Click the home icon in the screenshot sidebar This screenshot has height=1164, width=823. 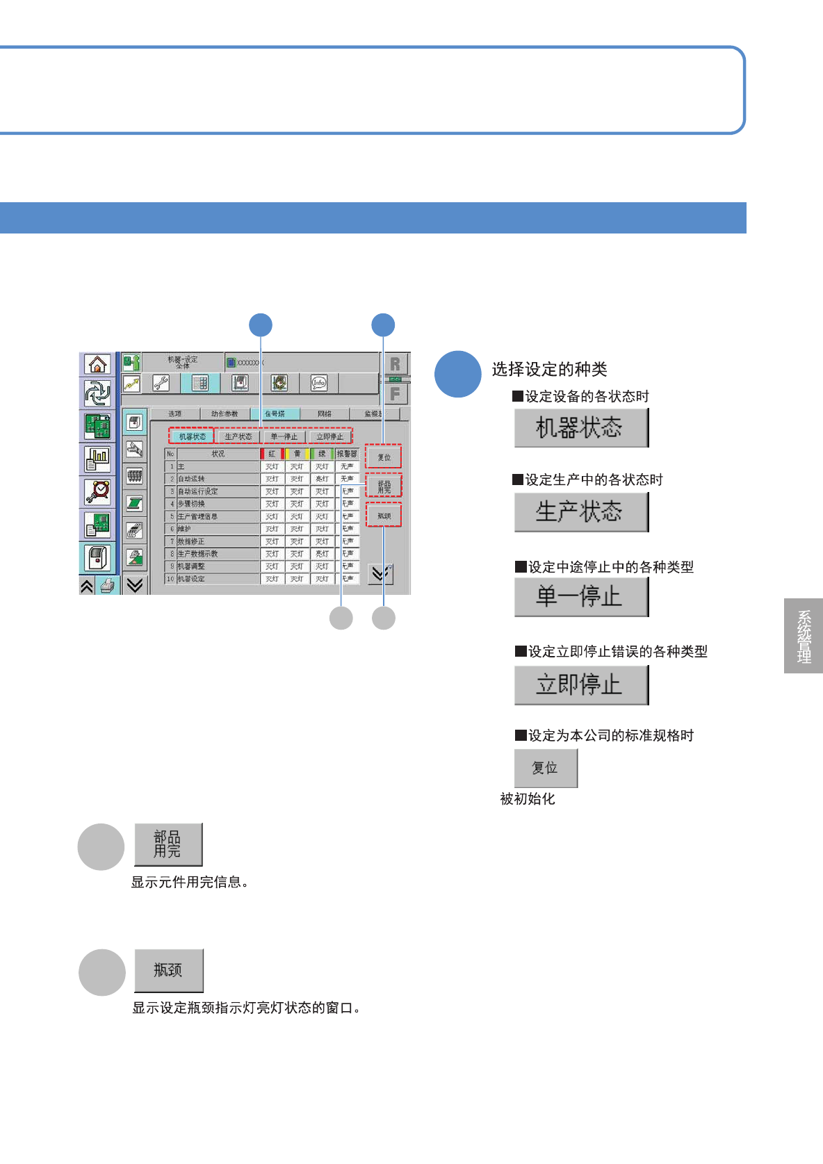pyautogui.click(x=97, y=364)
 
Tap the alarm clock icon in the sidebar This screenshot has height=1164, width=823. pyautogui.click(x=97, y=491)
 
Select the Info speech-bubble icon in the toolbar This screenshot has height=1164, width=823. pyautogui.click(x=318, y=382)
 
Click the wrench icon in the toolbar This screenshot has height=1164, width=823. pyautogui.click(x=161, y=382)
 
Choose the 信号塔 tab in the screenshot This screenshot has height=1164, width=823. pyautogui.click(x=275, y=413)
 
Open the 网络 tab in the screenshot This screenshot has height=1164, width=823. pyautogui.click(x=324, y=413)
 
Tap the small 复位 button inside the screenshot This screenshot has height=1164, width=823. pyautogui.click(x=384, y=457)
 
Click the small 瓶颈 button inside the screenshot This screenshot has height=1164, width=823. pyautogui.click(x=384, y=516)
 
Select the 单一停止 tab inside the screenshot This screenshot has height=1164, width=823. pyautogui.click(x=284, y=436)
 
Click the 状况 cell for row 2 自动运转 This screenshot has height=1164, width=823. pyautogui.click(x=218, y=479)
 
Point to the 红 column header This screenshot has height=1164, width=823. pyautogui.click(x=272, y=454)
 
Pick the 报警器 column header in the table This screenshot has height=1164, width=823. pyautogui.click(x=347, y=454)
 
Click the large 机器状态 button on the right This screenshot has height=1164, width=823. pyautogui.click(x=580, y=427)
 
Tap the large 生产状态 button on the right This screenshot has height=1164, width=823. pyautogui.click(x=580, y=512)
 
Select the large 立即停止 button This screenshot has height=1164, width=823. pyautogui.click(x=580, y=685)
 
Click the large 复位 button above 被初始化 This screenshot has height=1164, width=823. pyautogui.click(x=545, y=768)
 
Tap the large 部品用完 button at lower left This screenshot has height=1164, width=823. pyautogui.click(x=168, y=844)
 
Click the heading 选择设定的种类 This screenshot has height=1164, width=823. pyautogui.click(x=549, y=369)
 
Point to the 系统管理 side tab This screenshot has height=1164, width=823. pyautogui.click(x=804, y=636)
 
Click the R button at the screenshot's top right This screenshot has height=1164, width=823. pyautogui.click(x=395, y=364)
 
